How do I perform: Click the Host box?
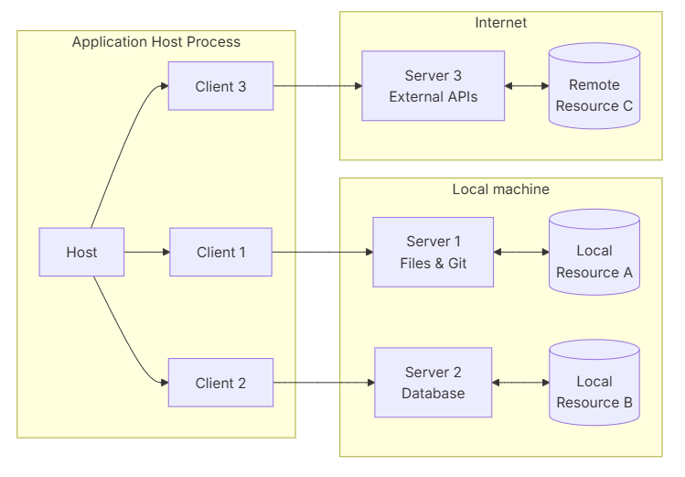point(81,252)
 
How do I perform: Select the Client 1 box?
point(220,252)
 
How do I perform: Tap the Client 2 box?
point(220,383)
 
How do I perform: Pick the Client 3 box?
point(220,86)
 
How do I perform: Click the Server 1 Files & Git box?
point(433,252)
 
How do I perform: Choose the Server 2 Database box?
point(433,383)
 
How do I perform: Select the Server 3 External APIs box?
point(433,86)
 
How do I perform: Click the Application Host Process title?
point(156,42)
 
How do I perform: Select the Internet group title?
point(500,23)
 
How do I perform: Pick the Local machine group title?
point(500,190)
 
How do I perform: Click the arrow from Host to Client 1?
point(146,252)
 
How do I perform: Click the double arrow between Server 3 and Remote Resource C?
point(526,86)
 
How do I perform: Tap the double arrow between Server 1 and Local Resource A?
point(520,252)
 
